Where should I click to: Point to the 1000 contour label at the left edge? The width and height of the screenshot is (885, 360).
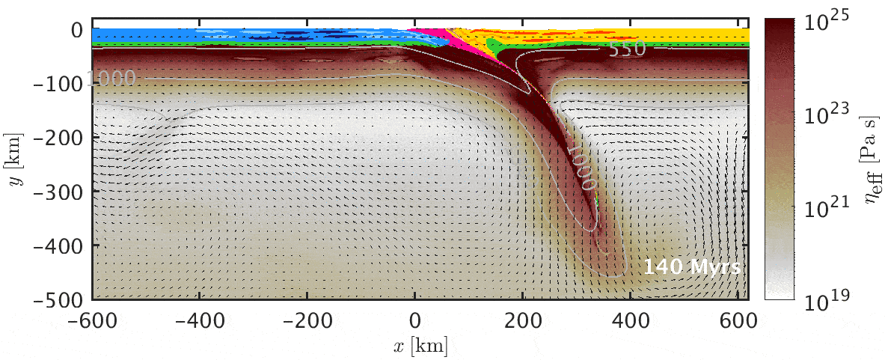111,78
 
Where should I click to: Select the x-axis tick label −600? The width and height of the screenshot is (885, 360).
94,317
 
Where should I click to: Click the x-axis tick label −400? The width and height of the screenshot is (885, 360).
199,317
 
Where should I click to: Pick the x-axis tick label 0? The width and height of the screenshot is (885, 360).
415,317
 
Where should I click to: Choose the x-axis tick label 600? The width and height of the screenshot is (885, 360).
739,317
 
